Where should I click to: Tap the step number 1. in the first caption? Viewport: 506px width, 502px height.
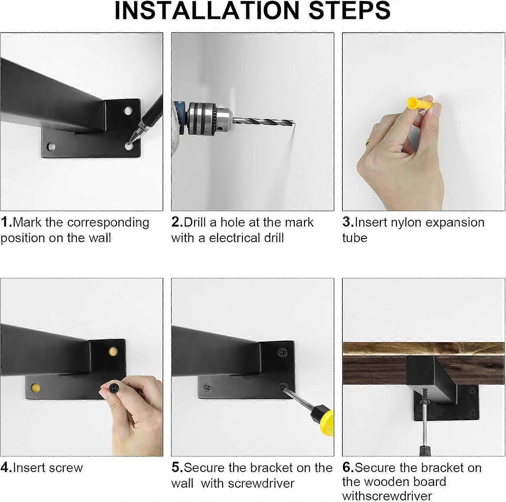(x=6, y=222)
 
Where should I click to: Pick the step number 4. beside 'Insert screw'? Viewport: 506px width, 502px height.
(x=6, y=468)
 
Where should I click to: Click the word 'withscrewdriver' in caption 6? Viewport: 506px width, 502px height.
(x=387, y=496)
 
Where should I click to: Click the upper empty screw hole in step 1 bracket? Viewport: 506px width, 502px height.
(x=128, y=111)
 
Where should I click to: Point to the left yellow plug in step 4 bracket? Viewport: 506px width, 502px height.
(x=35, y=388)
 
